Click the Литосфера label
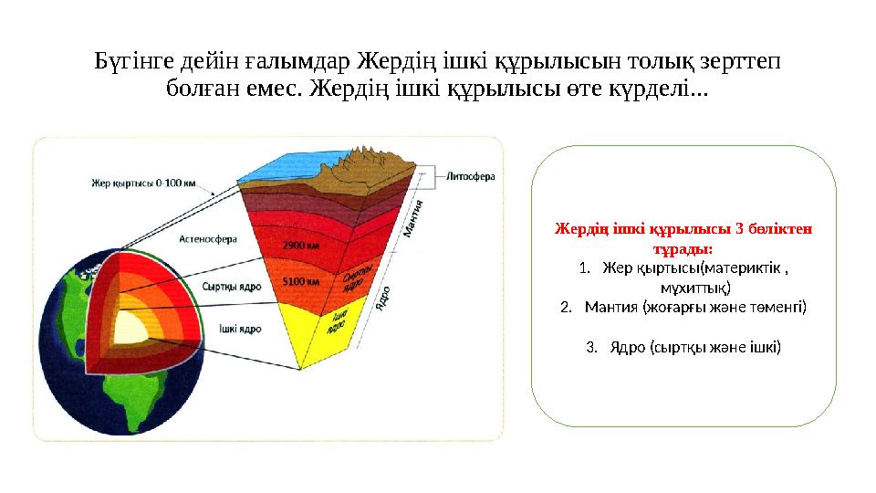[x=471, y=176]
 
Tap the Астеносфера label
[x=208, y=239]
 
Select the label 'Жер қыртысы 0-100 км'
[x=143, y=183]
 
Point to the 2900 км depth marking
[x=300, y=246]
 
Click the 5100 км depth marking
[x=300, y=281]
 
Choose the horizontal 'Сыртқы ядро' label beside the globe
[x=231, y=287]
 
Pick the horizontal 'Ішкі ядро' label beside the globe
[x=240, y=329]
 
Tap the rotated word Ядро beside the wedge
[x=382, y=299]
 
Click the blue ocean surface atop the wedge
[x=285, y=165]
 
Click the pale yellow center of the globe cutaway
[x=131, y=328]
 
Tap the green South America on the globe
[x=142, y=398]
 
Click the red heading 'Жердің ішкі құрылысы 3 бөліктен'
[x=683, y=228]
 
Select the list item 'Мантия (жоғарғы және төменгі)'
[x=695, y=307]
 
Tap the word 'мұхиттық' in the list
[x=695, y=288]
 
